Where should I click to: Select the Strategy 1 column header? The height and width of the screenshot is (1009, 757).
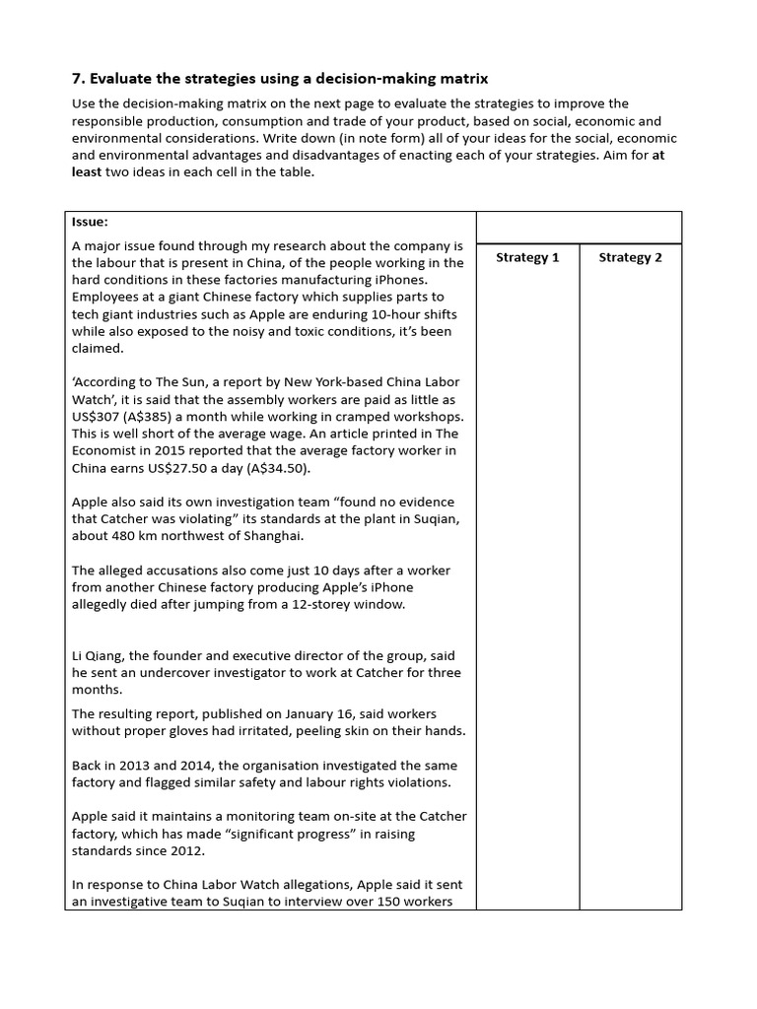(527, 257)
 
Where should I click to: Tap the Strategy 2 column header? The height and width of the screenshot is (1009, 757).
(630, 257)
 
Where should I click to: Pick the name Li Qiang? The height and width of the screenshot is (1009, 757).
(101, 656)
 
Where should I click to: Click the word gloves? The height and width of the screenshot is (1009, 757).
(211, 730)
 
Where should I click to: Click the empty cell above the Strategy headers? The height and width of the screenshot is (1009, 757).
(579, 227)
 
